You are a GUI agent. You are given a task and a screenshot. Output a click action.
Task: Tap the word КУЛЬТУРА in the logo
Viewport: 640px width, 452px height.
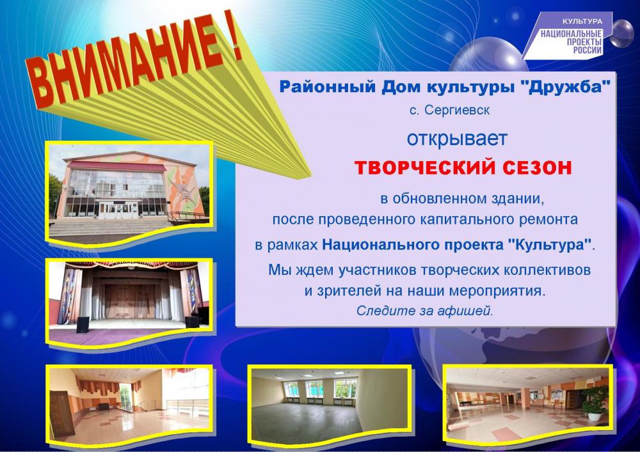click(582, 21)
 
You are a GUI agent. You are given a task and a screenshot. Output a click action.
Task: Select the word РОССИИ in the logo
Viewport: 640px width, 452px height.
click(588, 50)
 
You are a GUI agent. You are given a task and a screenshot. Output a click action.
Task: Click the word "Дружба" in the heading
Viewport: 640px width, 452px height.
click(566, 87)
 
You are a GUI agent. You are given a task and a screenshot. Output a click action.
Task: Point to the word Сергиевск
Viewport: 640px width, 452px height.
click(457, 110)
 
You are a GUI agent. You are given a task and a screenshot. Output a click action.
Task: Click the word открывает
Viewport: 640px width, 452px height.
click(457, 139)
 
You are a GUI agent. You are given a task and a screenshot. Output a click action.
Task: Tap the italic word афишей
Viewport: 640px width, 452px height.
click(465, 311)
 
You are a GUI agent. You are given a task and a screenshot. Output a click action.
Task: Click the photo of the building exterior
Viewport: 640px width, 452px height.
click(129, 194)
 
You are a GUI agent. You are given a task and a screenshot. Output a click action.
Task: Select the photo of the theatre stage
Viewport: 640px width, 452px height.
click(129, 302)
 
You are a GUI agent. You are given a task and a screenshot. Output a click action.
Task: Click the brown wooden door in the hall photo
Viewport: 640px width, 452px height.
click(62, 412)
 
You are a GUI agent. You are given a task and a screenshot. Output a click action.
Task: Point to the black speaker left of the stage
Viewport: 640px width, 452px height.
click(83, 325)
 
